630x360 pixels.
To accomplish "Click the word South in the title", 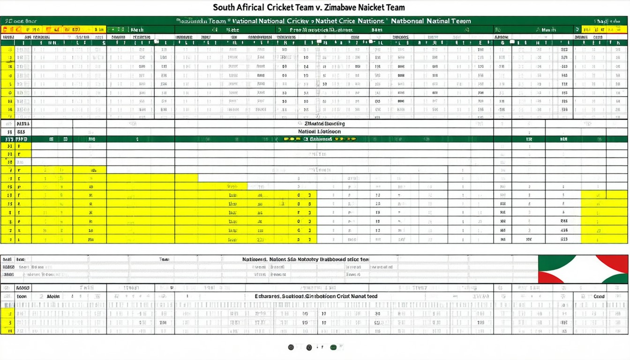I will click(x=224, y=7).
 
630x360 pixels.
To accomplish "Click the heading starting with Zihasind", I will click(x=324, y=124).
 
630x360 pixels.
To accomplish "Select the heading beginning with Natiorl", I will click(x=319, y=132).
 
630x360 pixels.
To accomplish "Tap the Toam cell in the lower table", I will click(x=164, y=259).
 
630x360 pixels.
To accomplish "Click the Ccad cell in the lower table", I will click(x=599, y=296).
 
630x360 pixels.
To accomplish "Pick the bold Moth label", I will click(x=53, y=296).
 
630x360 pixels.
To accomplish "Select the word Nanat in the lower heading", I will click(x=362, y=296).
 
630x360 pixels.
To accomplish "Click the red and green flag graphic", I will click(x=583, y=269).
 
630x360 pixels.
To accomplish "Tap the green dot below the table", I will click(x=333, y=347).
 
